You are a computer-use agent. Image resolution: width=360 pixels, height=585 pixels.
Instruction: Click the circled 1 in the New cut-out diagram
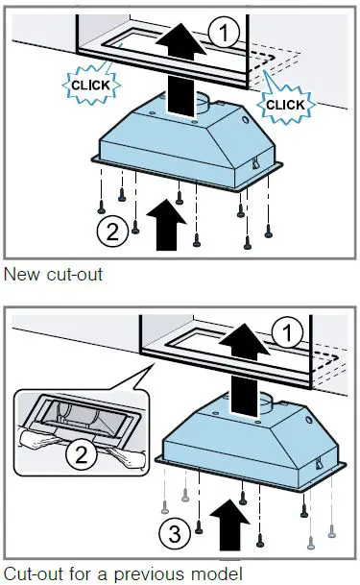223,35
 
